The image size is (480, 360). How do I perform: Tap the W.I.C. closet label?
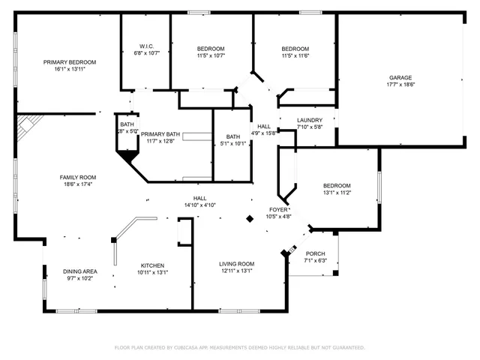[x=147, y=46]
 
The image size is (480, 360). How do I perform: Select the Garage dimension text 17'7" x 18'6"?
[x=400, y=85]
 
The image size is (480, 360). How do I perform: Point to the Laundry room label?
[x=310, y=120]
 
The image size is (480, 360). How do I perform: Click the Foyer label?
[x=279, y=209]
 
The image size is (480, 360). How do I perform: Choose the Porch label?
[x=316, y=253]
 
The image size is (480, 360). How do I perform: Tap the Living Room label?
[x=237, y=264]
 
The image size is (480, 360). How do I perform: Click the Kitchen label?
[x=153, y=265]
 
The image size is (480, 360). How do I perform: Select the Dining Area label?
[x=79, y=271]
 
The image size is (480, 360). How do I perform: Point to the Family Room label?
[x=78, y=178]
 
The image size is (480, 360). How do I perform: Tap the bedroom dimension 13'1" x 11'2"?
[x=337, y=193]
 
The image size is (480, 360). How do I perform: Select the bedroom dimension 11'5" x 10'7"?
[x=211, y=55]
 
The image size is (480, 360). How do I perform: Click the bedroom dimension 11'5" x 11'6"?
[x=295, y=55]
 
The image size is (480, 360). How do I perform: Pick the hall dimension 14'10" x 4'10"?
[x=199, y=205]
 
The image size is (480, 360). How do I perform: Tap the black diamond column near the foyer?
[x=250, y=218]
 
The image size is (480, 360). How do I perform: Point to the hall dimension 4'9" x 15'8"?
[x=264, y=133]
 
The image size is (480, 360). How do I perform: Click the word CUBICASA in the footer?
[x=199, y=348]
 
